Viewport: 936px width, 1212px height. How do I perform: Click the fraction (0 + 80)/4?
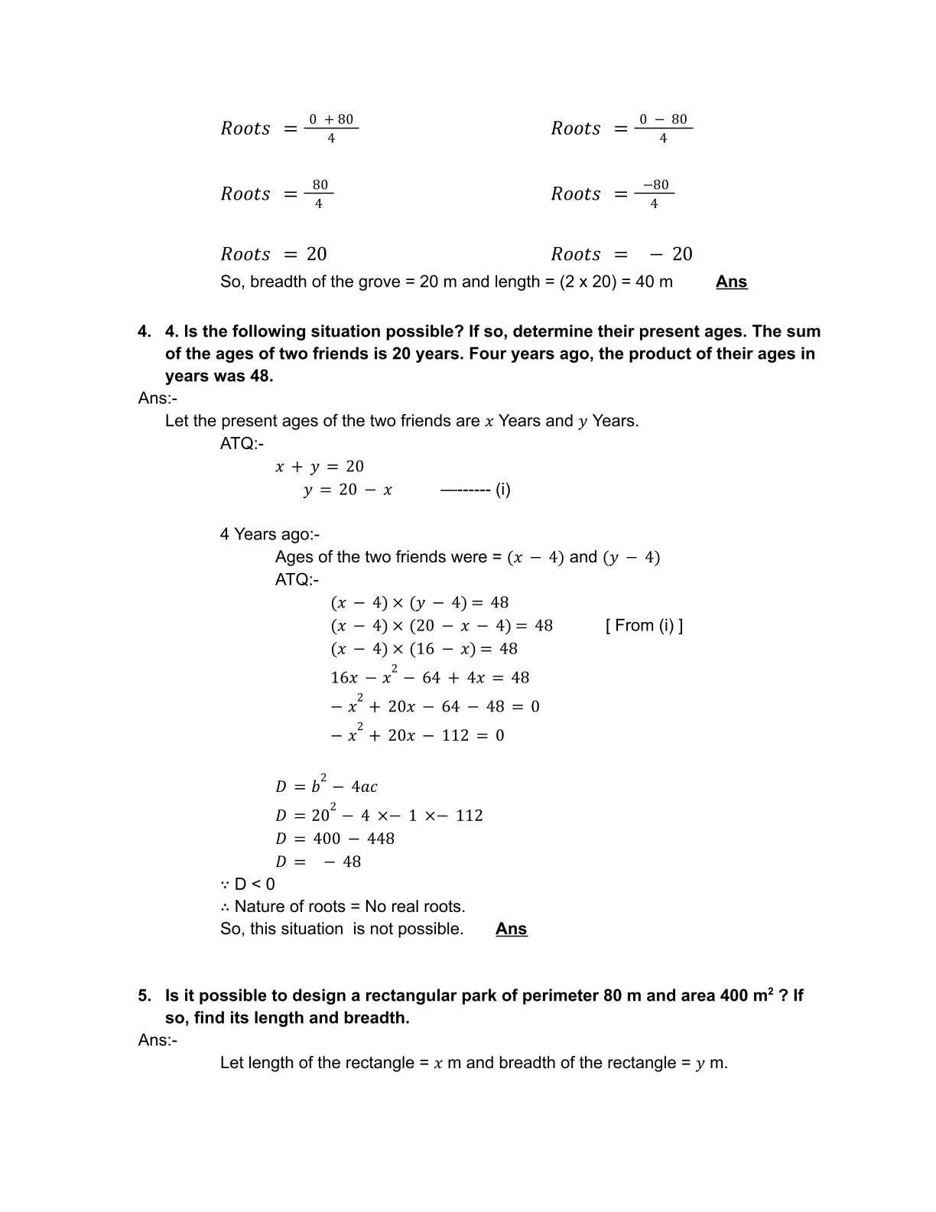(x=331, y=128)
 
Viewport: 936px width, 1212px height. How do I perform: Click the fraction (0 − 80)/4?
(x=663, y=128)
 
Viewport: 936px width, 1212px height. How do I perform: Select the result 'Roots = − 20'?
(x=621, y=254)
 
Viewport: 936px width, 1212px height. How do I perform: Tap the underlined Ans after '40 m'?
(x=731, y=282)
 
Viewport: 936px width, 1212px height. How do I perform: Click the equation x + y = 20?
(x=320, y=466)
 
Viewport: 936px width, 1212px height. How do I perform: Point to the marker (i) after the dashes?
(x=502, y=490)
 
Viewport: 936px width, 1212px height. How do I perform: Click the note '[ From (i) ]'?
(x=644, y=625)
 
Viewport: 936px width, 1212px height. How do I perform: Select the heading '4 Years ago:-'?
(x=269, y=534)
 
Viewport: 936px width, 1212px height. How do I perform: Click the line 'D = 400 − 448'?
(x=335, y=839)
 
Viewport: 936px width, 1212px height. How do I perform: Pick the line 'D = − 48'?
(x=318, y=862)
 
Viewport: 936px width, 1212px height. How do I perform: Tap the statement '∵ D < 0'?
(x=248, y=884)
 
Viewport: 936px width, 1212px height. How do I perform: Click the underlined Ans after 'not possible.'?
(x=511, y=929)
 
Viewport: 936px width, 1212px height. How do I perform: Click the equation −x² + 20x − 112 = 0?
(x=417, y=735)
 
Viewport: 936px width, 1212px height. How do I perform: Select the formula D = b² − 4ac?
(x=327, y=786)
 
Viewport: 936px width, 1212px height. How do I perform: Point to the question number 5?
(x=144, y=995)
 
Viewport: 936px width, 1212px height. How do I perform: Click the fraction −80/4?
(x=655, y=194)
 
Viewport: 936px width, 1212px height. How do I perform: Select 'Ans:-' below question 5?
(x=158, y=1040)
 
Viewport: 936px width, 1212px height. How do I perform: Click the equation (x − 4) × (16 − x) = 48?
(x=424, y=649)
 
